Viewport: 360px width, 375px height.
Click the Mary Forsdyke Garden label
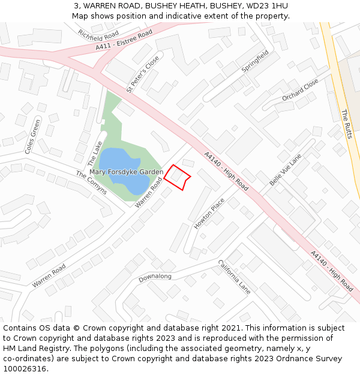126,172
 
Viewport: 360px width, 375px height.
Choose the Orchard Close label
300,89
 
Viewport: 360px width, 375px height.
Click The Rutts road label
346,124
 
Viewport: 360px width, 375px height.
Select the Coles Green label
33,137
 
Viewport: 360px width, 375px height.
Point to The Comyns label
91,182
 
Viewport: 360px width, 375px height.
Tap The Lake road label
95,154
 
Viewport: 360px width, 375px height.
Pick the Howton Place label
209,213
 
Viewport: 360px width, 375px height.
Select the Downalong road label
155,277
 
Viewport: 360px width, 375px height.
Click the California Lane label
234,277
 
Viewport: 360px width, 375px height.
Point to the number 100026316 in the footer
25,368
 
